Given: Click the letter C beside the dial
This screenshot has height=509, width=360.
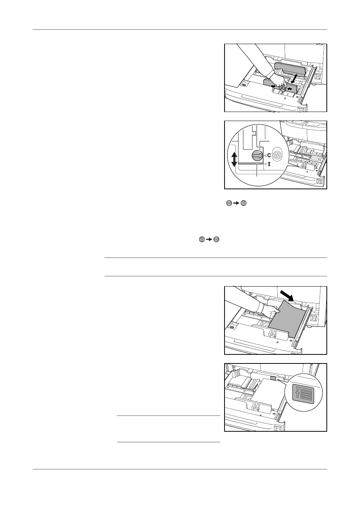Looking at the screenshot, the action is pos(269,155).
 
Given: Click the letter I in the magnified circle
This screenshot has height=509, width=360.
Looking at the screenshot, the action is pos(269,164).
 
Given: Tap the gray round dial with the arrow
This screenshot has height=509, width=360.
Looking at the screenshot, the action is pos(257,156).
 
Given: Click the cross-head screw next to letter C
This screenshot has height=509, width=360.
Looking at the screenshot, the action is pos(277,155).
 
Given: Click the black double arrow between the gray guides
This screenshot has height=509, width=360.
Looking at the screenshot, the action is pos(293,78).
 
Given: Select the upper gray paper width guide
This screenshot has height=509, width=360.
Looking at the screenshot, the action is pos(289,69).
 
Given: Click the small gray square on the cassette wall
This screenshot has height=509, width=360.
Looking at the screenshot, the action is pos(273,379).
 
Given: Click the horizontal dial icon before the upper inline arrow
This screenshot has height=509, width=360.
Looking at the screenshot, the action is pos(229,203).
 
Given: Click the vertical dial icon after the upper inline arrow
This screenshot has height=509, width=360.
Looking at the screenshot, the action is pos(243,203).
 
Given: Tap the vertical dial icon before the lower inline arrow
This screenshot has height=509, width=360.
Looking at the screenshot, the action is pos(202,239).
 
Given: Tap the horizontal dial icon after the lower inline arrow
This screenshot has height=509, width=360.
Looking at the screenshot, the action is pos(217,239).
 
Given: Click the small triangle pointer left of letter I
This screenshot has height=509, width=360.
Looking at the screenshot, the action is pos(265,164).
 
